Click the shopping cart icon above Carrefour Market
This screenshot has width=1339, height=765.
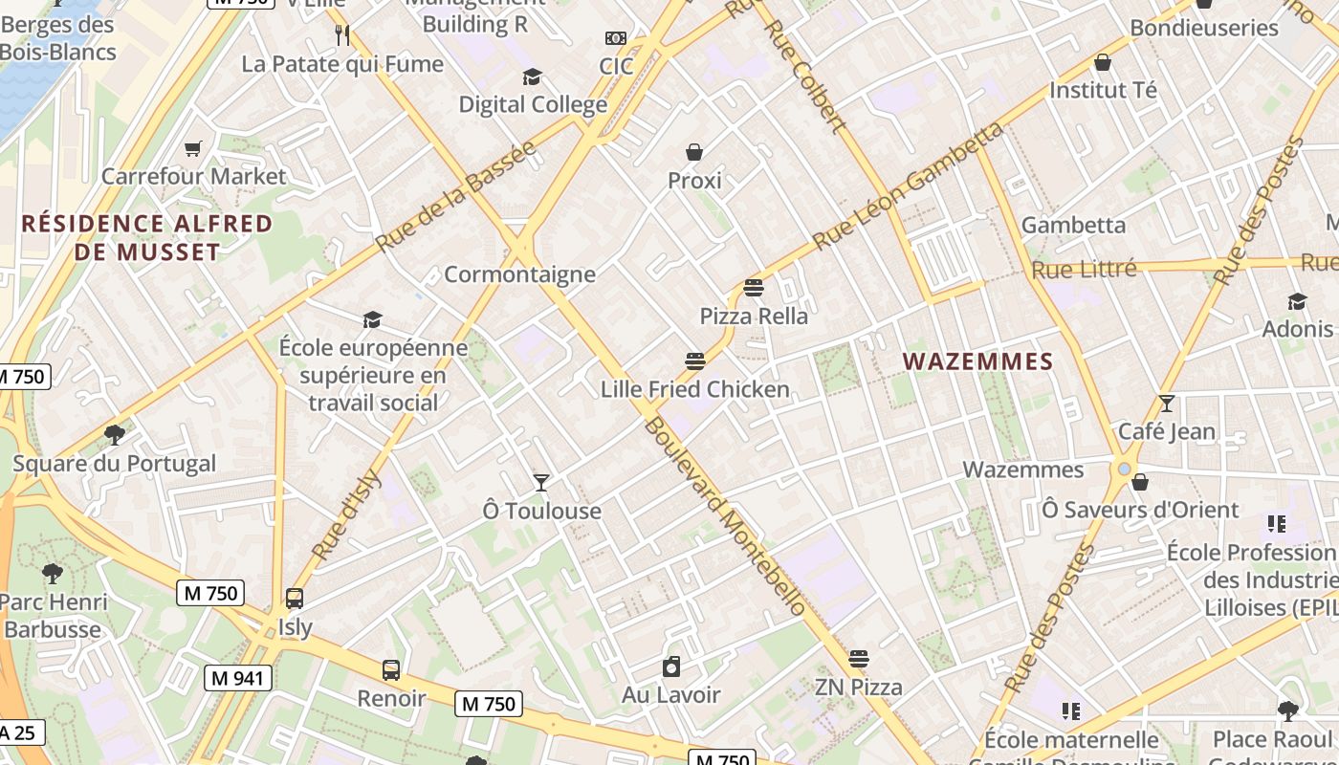[x=193, y=148]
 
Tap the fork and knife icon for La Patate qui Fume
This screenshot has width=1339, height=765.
[x=342, y=35]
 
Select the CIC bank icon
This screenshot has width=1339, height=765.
[x=616, y=38]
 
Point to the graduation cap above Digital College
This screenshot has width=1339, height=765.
[x=532, y=76]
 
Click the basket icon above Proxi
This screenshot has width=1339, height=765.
[x=694, y=152]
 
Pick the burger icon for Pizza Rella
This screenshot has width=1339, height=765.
[x=754, y=288]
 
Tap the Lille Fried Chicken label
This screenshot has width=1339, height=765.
[x=695, y=389]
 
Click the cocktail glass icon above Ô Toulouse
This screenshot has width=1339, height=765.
[x=541, y=482]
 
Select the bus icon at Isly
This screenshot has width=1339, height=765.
[x=295, y=599]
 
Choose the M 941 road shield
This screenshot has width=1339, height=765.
[x=238, y=679]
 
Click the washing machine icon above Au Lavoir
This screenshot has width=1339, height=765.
[x=671, y=667]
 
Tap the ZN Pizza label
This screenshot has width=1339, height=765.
[x=858, y=687]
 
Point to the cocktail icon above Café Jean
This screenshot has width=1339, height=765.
[x=1166, y=404]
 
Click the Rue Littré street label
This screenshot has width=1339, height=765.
[x=1084, y=270]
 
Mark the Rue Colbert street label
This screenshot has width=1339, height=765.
[x=804, y=76]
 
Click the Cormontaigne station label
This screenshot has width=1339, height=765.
[x=519, y=275]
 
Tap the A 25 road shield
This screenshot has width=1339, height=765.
[x=18, y=733]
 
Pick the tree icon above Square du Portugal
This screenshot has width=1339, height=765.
[x=115, y=435]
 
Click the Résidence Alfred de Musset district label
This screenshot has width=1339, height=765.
[x=146, y=238]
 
